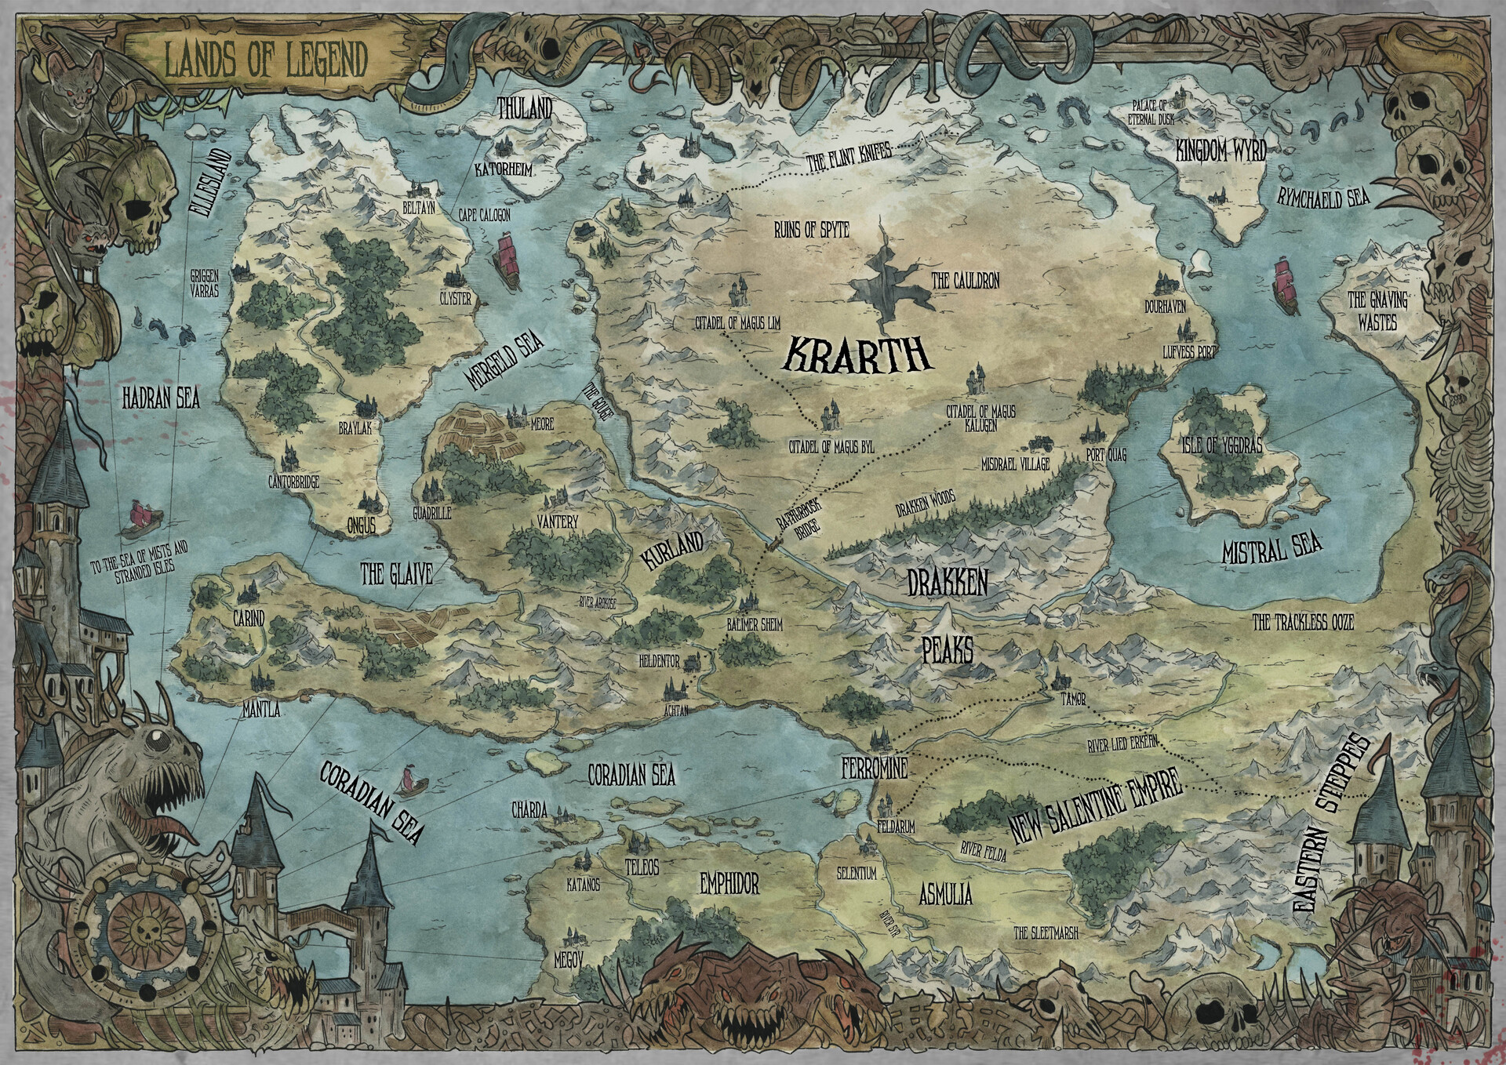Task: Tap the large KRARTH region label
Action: pyautogui.click(x=857, y=355)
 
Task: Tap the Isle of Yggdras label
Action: pyautogui.click(x=1222, y=446)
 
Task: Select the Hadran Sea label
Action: pyautogui.click(x=161, y=399)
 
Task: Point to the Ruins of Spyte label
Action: pyautogui.click(x=812, y=229)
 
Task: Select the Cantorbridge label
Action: pyautogui.click(x=293, y=483)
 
